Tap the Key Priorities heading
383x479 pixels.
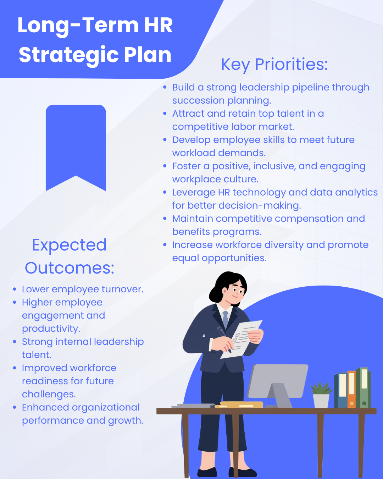tap(274, 65)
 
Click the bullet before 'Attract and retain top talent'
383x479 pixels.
tap(165, 114)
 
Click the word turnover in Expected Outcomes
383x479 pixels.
tap(122, 290)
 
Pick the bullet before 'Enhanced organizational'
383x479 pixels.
tap(15, 408)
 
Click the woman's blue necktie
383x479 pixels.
tap(226, 320)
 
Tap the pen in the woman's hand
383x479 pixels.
tap(224, 339)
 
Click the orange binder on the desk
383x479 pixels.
tap(351, 389)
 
